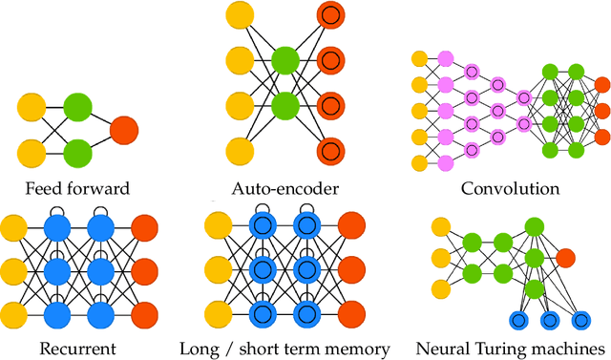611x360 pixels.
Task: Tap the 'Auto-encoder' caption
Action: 281,188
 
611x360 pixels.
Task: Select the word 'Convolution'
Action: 510,188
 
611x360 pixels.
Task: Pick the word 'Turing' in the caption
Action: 510,349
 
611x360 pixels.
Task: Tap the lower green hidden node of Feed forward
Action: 77,151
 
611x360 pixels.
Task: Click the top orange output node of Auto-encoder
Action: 329,14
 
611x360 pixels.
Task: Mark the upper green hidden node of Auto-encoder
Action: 284,60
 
